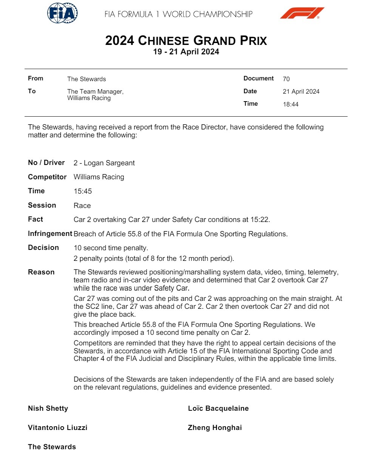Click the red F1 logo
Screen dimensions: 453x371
point(302,13)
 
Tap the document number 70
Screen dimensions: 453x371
point(286,79)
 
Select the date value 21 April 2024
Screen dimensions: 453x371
point(301,92)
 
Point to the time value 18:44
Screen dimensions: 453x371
point(290,104)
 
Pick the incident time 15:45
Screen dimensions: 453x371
point(82,191)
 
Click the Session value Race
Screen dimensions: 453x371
point(82,206)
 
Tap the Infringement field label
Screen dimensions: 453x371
point(50,234)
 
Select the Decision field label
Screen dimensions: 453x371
point(43,248)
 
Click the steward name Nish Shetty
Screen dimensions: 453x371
point(48,408)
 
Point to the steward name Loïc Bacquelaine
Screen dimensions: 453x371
point(218,408)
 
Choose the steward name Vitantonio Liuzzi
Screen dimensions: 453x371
point(57,428)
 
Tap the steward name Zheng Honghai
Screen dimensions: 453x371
point(215,428)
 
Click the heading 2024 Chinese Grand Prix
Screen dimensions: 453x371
point(186,41)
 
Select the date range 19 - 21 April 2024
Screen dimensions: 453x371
point(186,52)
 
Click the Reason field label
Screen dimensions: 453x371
point(41,272)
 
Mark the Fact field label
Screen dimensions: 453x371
point(36,219)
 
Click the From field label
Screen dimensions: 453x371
point(36,79)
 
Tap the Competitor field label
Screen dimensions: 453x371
point(47,177)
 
